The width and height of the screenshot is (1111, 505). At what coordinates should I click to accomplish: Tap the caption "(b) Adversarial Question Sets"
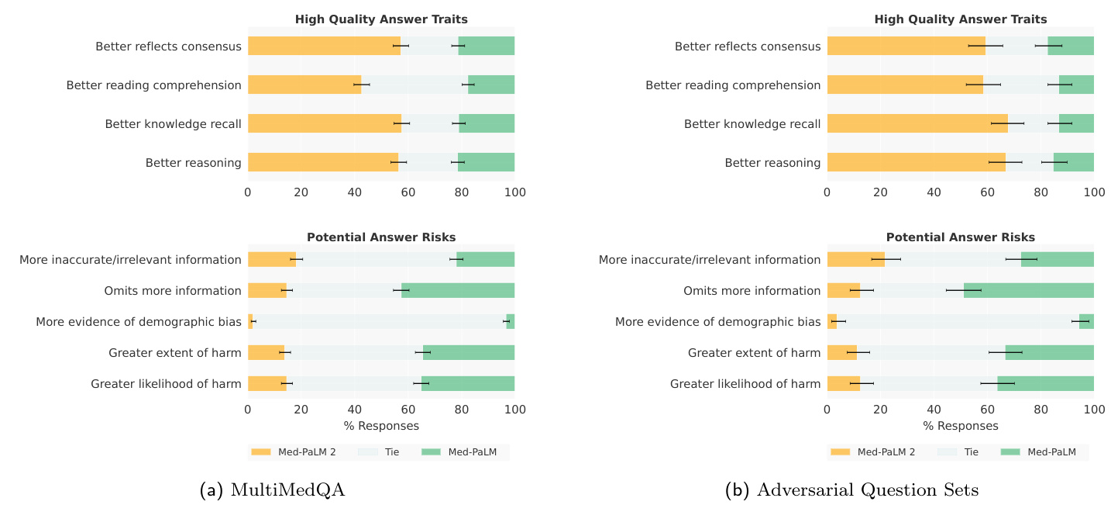click(x=851, y=490)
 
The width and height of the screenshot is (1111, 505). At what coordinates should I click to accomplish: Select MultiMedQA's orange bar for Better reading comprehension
click(x=304, y=85)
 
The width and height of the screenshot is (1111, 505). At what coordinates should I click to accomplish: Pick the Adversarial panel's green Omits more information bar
click(x=1028, y=290)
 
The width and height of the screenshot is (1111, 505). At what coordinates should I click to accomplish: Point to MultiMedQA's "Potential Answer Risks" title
click(x=381, y=237)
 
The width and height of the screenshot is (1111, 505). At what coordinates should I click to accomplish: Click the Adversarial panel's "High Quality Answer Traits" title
click(x=960, y=19)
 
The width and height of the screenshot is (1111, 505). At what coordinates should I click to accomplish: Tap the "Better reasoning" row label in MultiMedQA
click(x=193, y=163)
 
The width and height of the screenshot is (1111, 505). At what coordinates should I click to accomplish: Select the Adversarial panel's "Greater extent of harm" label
click(x=754, y=353)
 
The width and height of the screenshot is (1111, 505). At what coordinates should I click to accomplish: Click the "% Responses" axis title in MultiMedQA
click(x=381, y=426)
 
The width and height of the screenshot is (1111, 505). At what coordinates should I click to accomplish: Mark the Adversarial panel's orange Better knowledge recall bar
click(x=917, y=123)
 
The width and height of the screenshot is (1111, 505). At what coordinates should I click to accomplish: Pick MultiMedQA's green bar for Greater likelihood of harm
click(x=468, y=383)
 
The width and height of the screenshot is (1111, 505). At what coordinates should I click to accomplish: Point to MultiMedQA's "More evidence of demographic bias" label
click(x=139, y=322)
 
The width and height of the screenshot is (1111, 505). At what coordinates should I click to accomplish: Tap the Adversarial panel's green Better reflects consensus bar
click(x=1071, y=46)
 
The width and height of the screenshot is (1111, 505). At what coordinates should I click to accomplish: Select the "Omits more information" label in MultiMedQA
click(x=173, y=291)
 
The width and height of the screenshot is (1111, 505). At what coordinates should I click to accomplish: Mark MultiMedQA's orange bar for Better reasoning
click(x=323, y=162)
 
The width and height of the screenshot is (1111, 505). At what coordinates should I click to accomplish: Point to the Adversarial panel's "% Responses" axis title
click(x=960, y=426)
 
